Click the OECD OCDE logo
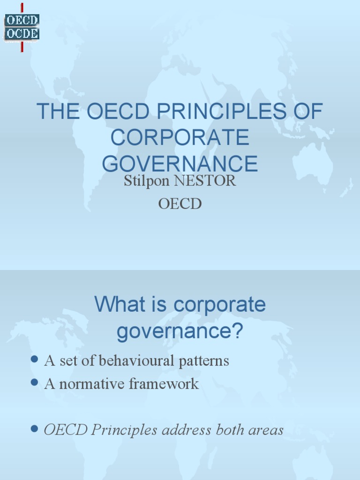[22, 27]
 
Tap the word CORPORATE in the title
[180, 137]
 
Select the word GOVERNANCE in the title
[180, 163]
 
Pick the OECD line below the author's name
[180, 204]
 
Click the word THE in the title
[56, 112]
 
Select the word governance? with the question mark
[180, 331]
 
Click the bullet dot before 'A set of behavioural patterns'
[34, 360]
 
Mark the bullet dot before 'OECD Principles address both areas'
[34, 428]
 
